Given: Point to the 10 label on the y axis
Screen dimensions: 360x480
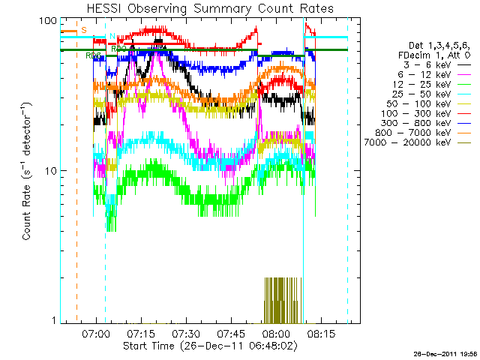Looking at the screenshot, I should (x=50, y=170).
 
